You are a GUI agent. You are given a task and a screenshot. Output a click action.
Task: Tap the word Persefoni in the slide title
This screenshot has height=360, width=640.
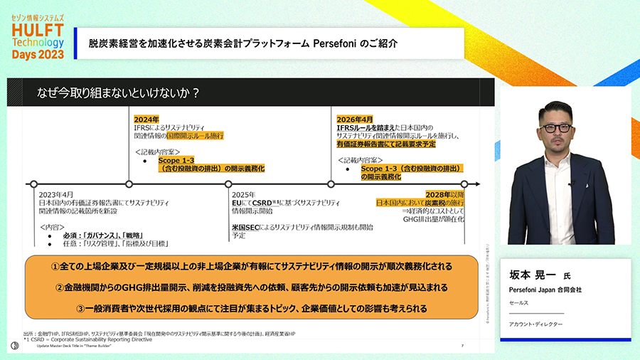pyautogui.click(x=338, y=43)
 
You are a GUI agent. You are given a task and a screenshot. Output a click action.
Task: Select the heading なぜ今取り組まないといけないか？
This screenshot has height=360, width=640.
pyautogui.click(x=118, y=92)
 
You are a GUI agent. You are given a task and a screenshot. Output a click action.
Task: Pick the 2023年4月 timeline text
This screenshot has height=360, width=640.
pyautogui.click(x=57, y=194)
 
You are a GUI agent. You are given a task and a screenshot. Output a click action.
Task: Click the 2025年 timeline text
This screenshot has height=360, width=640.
pyautogui.click(x=244, y=194)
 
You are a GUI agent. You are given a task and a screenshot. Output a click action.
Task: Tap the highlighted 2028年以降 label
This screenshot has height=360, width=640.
pyautogui.click(x=444, y=194)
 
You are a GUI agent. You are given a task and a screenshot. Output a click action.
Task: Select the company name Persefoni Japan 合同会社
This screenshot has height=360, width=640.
pyautogui.click(x=545, y=290)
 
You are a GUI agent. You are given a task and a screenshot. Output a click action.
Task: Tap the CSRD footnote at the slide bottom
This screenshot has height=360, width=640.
pyautogui.click(x=89, y=339)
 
